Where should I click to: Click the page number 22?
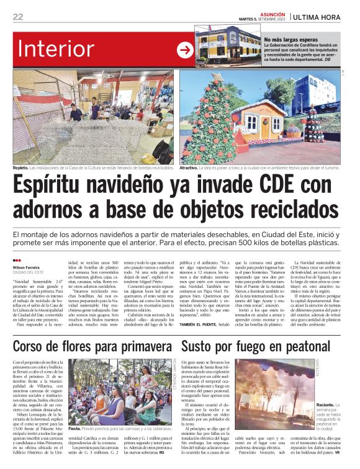pyautogui.click(x=18, y=17)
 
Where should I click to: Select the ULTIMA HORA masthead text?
pyautogui.click(x=320, y=17)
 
